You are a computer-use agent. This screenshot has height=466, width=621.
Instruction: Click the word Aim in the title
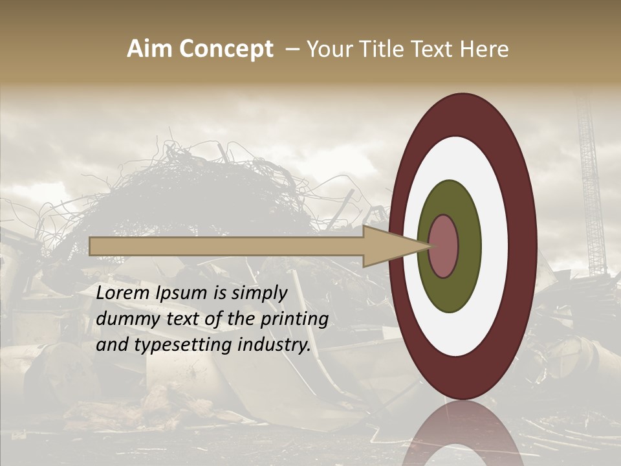[x=149, y=49]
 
